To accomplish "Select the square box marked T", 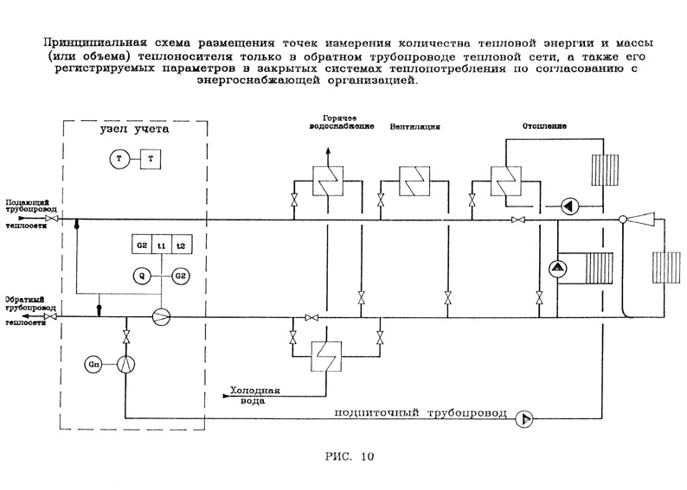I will pyautogui.click(x=151, y=158).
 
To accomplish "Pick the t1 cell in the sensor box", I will pyautogui.click(x=161, y=245).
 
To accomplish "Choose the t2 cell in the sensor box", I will pyautogui.click(x=180, y=245).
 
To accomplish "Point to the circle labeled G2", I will pyautogui.click(x=180, y=276).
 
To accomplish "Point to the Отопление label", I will pyautogui.click(x=543, y=124).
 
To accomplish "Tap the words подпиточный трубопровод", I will pyautogui.click(x=431, y=413).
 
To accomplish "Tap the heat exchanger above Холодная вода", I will pyautogui.click(x=322, y=353).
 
